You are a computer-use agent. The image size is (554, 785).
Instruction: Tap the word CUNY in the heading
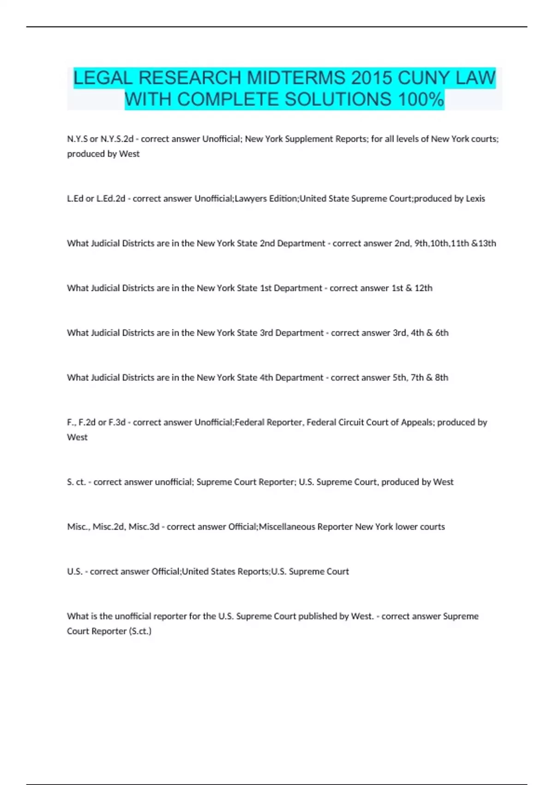click(424, 78)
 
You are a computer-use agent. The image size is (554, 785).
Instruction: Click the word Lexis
click(475, 199)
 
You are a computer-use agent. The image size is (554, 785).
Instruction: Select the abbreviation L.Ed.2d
click(111, 199)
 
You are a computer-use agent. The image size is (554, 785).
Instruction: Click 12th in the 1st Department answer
click(423, 288)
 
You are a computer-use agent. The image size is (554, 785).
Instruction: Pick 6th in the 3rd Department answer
click(442, 333)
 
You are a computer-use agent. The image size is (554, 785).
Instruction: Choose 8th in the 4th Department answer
click(441, 378)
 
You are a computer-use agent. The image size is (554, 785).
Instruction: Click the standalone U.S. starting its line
click(75, 572)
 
